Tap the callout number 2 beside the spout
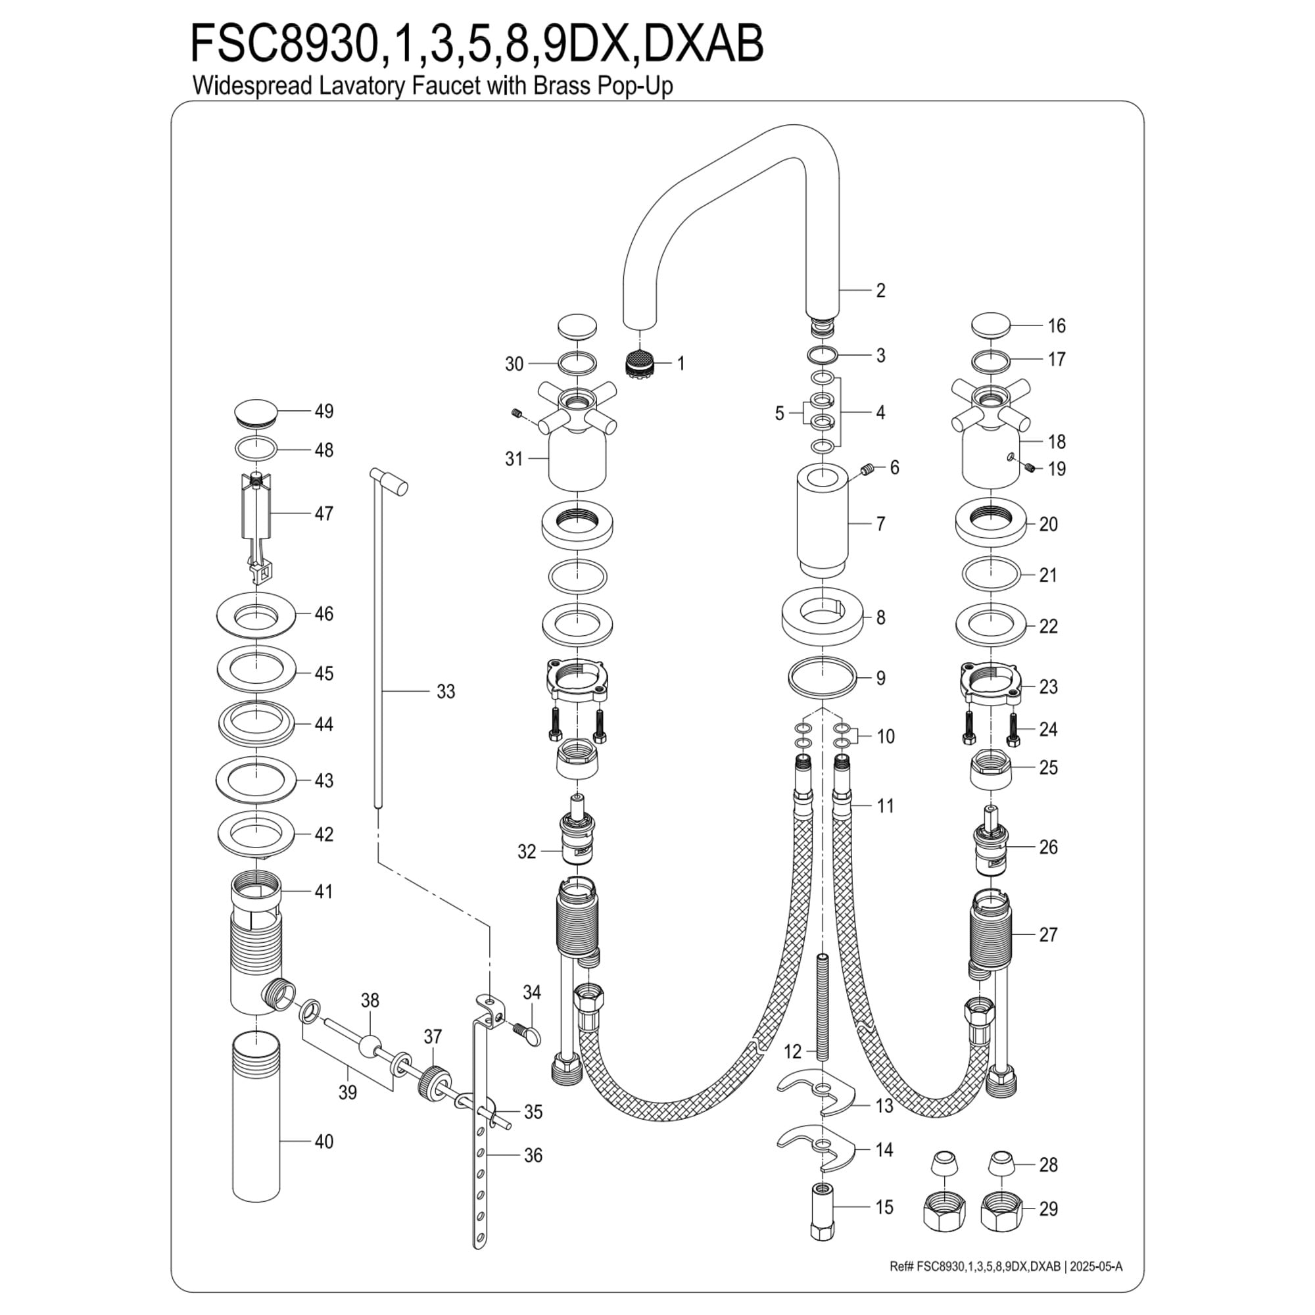coord(881,291)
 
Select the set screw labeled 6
coord(867,469)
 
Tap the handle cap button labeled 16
coord(991,325)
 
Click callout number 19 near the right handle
coord(1057,469)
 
